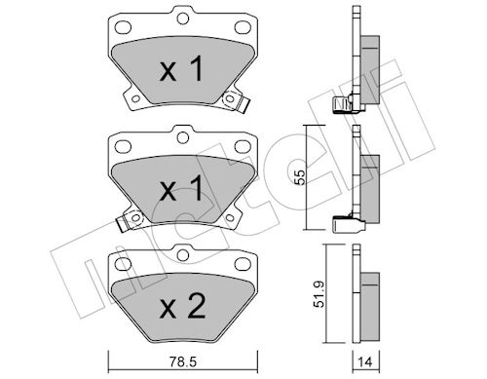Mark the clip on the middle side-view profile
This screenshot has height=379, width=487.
344,223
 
